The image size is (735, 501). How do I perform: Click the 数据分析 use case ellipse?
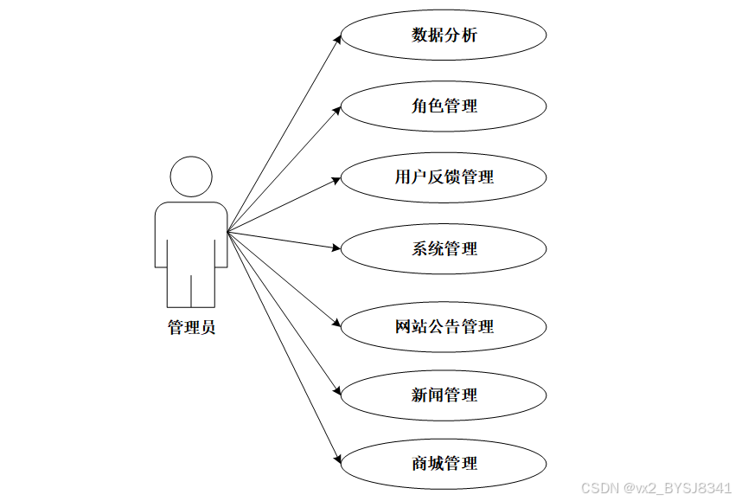tap(444, 35)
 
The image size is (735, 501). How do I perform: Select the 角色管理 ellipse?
tap(444, 106)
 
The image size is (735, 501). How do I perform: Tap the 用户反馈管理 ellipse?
tap(444, 177)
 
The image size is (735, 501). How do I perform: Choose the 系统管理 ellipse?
tap(444, 248)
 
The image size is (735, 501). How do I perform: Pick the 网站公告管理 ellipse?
tap(444, 326)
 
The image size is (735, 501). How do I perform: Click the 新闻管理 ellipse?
tap(444, 395)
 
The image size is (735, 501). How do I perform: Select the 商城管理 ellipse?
tap(444, 463)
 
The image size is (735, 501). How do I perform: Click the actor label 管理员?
tap(191, 327)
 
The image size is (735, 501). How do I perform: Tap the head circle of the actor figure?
tap(191, 177)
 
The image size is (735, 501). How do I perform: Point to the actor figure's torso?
tap(191, 234)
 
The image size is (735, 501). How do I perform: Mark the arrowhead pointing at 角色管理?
tap(338, 109)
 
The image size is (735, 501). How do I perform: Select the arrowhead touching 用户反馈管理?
tap(336, 179)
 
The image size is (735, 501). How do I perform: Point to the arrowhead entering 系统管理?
tap(336, 247)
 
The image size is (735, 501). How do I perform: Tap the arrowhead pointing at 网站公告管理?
tap(337, 324)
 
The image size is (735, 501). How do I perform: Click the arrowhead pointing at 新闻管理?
tap(338, 390)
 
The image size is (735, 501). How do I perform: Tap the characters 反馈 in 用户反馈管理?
tap(444, 177)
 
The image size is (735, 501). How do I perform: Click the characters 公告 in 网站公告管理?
tap(444, 326)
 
